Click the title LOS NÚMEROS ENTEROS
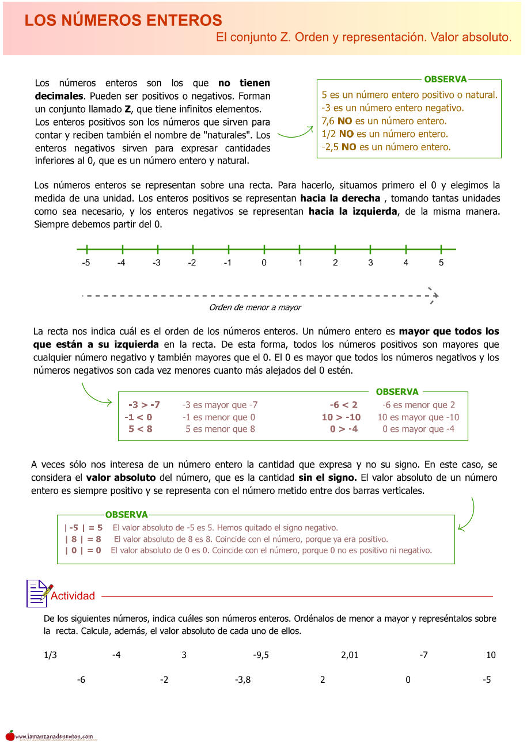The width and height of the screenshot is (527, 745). (123, 21)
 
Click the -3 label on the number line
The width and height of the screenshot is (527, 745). (157, 263)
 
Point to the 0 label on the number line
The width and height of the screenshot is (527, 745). (264, 263)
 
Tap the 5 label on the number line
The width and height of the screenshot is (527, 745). (441, 263)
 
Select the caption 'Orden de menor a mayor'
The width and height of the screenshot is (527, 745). (255, 307)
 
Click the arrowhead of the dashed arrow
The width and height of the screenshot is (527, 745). (434, 295)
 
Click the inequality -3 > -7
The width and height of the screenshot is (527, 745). (144, 405)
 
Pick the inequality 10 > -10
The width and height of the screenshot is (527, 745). (341, 417)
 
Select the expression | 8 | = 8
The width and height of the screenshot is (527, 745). (83, 539)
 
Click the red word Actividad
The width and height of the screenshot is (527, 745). (73, 596)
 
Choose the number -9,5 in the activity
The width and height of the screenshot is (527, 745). (261, 655)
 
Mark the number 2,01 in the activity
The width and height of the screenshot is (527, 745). (350, 655)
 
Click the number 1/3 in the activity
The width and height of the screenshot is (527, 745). (50, 655)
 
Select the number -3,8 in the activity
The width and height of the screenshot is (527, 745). (242, 680)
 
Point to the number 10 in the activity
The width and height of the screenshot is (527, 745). (491, 655)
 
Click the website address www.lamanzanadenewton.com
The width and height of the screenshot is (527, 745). (54, 736)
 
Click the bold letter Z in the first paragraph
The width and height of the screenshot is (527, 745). (128, 109)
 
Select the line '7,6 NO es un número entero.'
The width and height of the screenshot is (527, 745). (384, 121)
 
